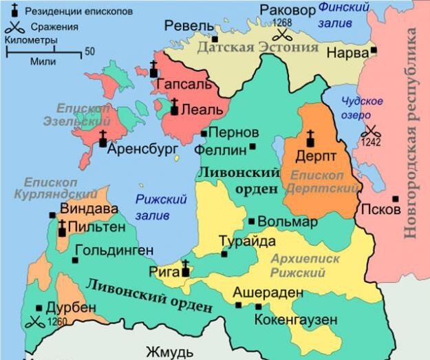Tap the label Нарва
click(x=346, y=52)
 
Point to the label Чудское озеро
click(x=363, y=107)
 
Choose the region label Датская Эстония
click(x=258, y=47)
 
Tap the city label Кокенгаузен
click(x=295, y=319)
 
